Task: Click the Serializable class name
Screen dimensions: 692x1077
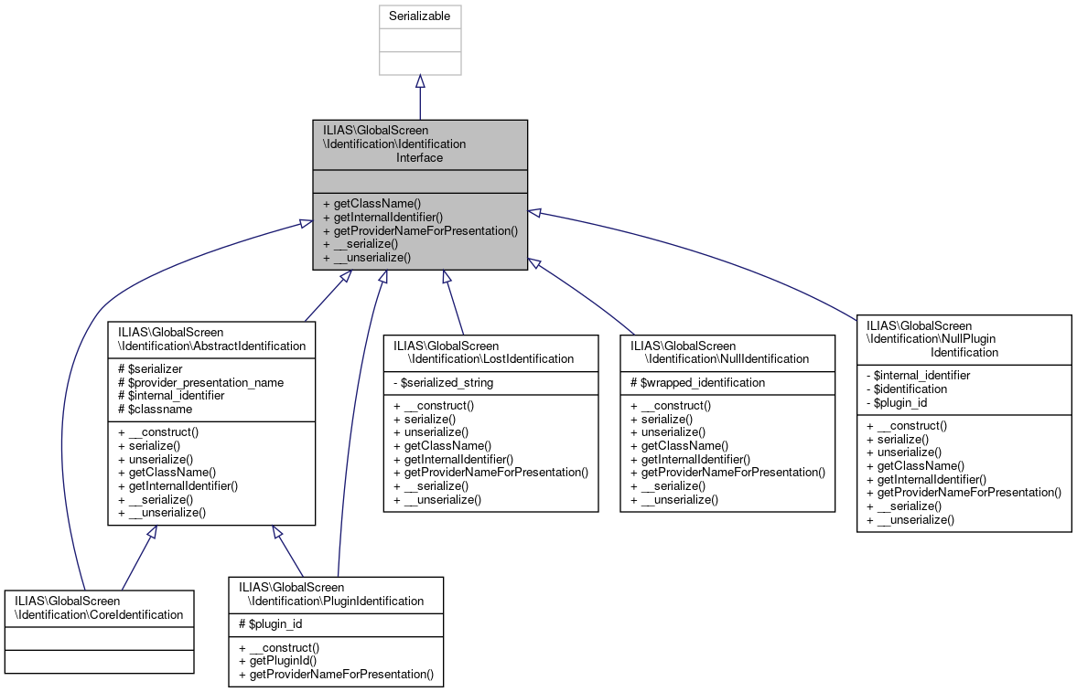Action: point(420,16)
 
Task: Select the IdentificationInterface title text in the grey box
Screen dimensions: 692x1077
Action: point(419,144)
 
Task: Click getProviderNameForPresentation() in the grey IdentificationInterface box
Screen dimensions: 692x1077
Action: point(420,230)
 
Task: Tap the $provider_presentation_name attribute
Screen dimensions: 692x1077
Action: point(200,382)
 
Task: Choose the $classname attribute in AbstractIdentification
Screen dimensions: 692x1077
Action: point(155,410)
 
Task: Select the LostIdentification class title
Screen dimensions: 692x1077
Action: point(484,352)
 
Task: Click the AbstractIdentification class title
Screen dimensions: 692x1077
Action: point(210,339)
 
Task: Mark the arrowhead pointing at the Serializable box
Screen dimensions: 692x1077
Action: point(420,82)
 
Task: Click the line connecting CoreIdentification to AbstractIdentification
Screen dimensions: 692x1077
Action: point(135,563)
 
